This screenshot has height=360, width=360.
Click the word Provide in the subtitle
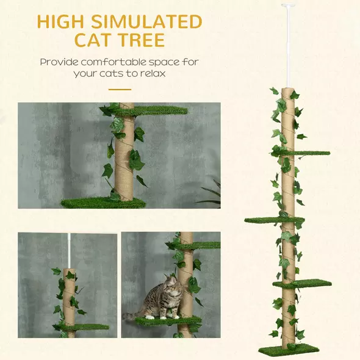coord(59,62)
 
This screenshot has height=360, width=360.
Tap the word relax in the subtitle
coord(153,73)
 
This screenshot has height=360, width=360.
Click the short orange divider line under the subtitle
coord(120,89)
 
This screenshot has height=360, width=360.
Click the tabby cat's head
coord(170,286)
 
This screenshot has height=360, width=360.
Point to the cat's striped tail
coord(131,315)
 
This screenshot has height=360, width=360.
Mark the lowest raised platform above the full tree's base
coord(308,284)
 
